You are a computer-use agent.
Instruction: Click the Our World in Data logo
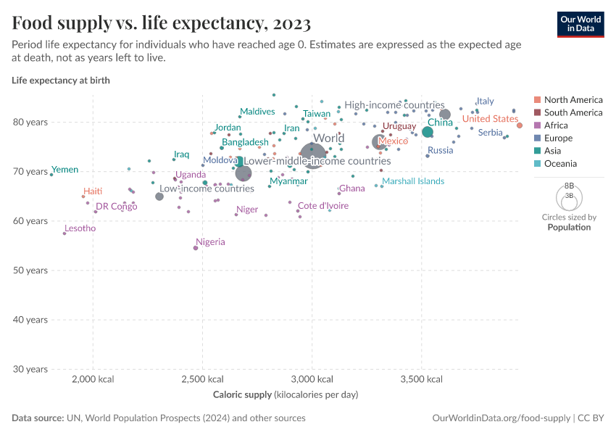[580, 23]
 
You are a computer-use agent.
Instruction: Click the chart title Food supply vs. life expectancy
[162, 23]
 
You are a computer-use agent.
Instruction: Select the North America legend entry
[573, 99]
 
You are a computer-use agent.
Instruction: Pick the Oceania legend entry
[560, 164]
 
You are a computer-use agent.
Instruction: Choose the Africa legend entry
[557, 125]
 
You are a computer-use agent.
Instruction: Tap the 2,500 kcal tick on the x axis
[202, 380]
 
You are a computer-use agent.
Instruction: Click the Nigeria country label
[210, 242]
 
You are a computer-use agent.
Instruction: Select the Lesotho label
[80, 228]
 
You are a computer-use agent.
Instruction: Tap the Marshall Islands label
[413, 181]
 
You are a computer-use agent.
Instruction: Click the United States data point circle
[520, 125]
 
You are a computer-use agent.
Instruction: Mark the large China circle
[428, 132]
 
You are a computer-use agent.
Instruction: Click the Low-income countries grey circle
[159, 196]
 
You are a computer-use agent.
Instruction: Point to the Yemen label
[65, 170]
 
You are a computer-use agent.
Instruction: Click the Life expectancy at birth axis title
[61, 80]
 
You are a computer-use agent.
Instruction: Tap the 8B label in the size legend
[569, 186]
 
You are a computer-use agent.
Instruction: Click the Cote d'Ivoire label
[323, 206]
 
